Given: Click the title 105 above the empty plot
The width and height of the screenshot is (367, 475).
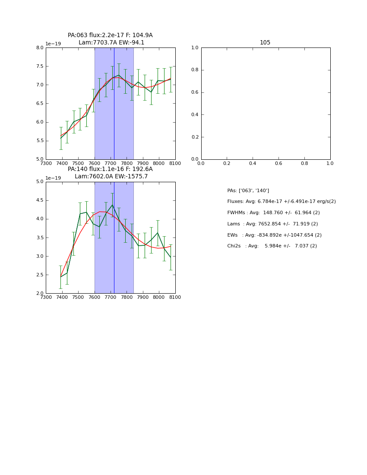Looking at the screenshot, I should coord(265,42).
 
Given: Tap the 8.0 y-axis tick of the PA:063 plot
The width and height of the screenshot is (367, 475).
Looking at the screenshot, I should coord(40,48).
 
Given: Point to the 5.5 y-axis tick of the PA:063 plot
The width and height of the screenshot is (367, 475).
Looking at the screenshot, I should coord(40,141).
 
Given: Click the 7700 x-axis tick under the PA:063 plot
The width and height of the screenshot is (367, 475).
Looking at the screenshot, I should coord(111,163).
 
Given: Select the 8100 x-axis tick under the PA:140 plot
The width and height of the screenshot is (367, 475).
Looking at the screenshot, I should coord(175,297).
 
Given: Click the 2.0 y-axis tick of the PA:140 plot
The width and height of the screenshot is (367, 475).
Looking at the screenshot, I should coord(40,294).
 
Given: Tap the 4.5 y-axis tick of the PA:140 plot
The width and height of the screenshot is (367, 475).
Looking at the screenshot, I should coord(40,200).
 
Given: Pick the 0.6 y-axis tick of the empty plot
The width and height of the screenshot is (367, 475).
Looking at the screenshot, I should coord(195,92).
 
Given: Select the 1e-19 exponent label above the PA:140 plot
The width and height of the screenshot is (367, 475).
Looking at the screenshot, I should coord(53,178).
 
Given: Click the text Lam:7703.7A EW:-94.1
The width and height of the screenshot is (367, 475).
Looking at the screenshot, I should coord(111,42).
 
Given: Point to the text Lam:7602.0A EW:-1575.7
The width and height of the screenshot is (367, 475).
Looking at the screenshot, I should coord(111,176).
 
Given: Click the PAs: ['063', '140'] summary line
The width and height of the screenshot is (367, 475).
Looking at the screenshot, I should coord(248,190).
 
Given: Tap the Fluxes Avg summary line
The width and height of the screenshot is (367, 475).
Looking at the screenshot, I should coord(282,202).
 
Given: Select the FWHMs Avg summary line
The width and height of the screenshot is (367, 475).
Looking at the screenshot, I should coord(273,212).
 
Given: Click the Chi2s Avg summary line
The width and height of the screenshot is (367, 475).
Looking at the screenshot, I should coord(272,246).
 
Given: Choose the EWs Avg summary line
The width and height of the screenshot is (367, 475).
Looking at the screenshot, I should coord(274,235).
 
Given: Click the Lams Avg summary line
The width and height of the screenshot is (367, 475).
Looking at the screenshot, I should coord(272,224).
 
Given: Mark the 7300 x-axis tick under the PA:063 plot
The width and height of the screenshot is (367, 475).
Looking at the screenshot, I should coord(46,163).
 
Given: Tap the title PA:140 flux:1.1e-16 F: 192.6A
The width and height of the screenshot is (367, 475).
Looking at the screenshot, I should coord(110,169).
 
